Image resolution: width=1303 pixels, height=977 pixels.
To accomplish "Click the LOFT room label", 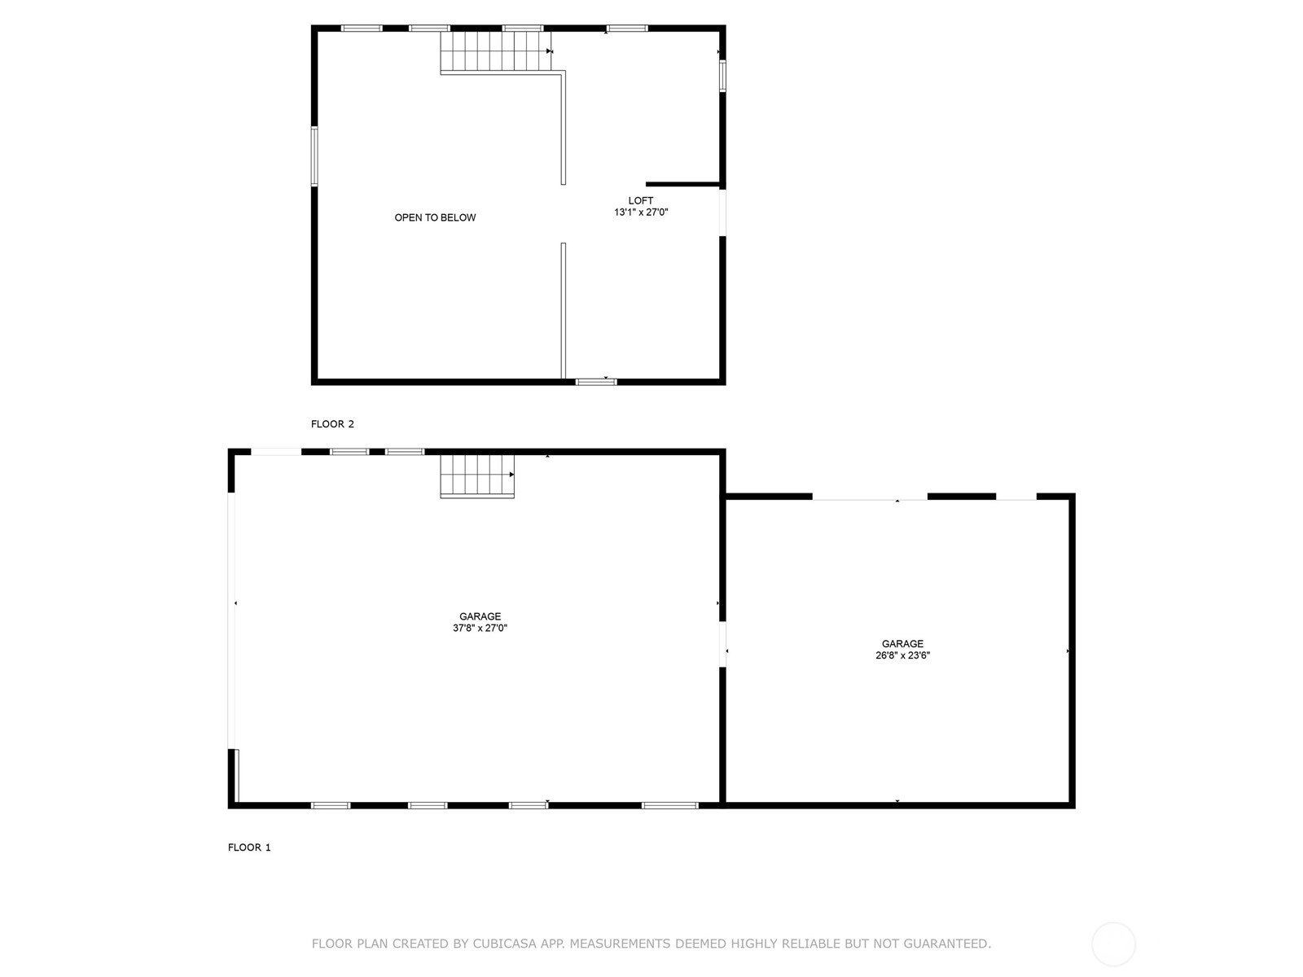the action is pyautogui.click(x=641, y=200).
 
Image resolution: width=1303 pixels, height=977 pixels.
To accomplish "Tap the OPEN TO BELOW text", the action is pyautogui.click(x=435, y=217).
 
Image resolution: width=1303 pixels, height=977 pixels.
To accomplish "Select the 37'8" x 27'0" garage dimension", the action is pyautogui.click(x=480, y=628).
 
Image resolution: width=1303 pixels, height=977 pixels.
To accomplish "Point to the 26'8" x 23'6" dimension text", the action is pyautogui.click(x=902, y=655).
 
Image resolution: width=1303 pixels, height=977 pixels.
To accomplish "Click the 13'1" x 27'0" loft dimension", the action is pyautogui.click(x=641, y=212).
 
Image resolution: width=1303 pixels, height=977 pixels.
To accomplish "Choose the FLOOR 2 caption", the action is pyautogui.click(x=332, y=423).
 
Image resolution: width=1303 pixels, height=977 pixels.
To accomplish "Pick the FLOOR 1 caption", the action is pyautogui.click(x=249, y=847).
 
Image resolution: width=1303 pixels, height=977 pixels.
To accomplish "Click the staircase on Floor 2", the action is pyautogui.click(x=496, y=51).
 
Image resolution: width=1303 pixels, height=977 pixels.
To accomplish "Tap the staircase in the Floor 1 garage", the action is pyautogui.click(x=477, y=475).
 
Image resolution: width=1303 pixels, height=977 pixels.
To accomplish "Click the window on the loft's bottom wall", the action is pyautogui.click(x=596, y=382).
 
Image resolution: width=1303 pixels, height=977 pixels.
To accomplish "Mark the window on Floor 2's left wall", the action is pyautogui.click(x=314, y=156).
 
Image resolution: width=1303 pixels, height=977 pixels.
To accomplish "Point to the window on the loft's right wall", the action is pyautogui.click(x=722, y=76).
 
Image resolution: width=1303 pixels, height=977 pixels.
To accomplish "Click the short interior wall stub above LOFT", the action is pyautogui.click(x=682, y=185).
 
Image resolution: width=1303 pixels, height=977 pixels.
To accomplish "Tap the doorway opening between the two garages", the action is pyautogui.click(x=722, y=644).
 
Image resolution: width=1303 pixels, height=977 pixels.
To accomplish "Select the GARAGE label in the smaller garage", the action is pyautogui.click(x=902, y=644).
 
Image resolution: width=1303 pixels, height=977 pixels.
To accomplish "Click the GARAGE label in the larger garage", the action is pyautogui.click(x=480, y=616).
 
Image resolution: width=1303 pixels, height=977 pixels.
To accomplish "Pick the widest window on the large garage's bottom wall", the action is pyautogui.click(x=669, y=805).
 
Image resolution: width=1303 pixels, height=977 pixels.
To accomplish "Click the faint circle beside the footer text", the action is pyautogui.click(x=1113, y=944).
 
